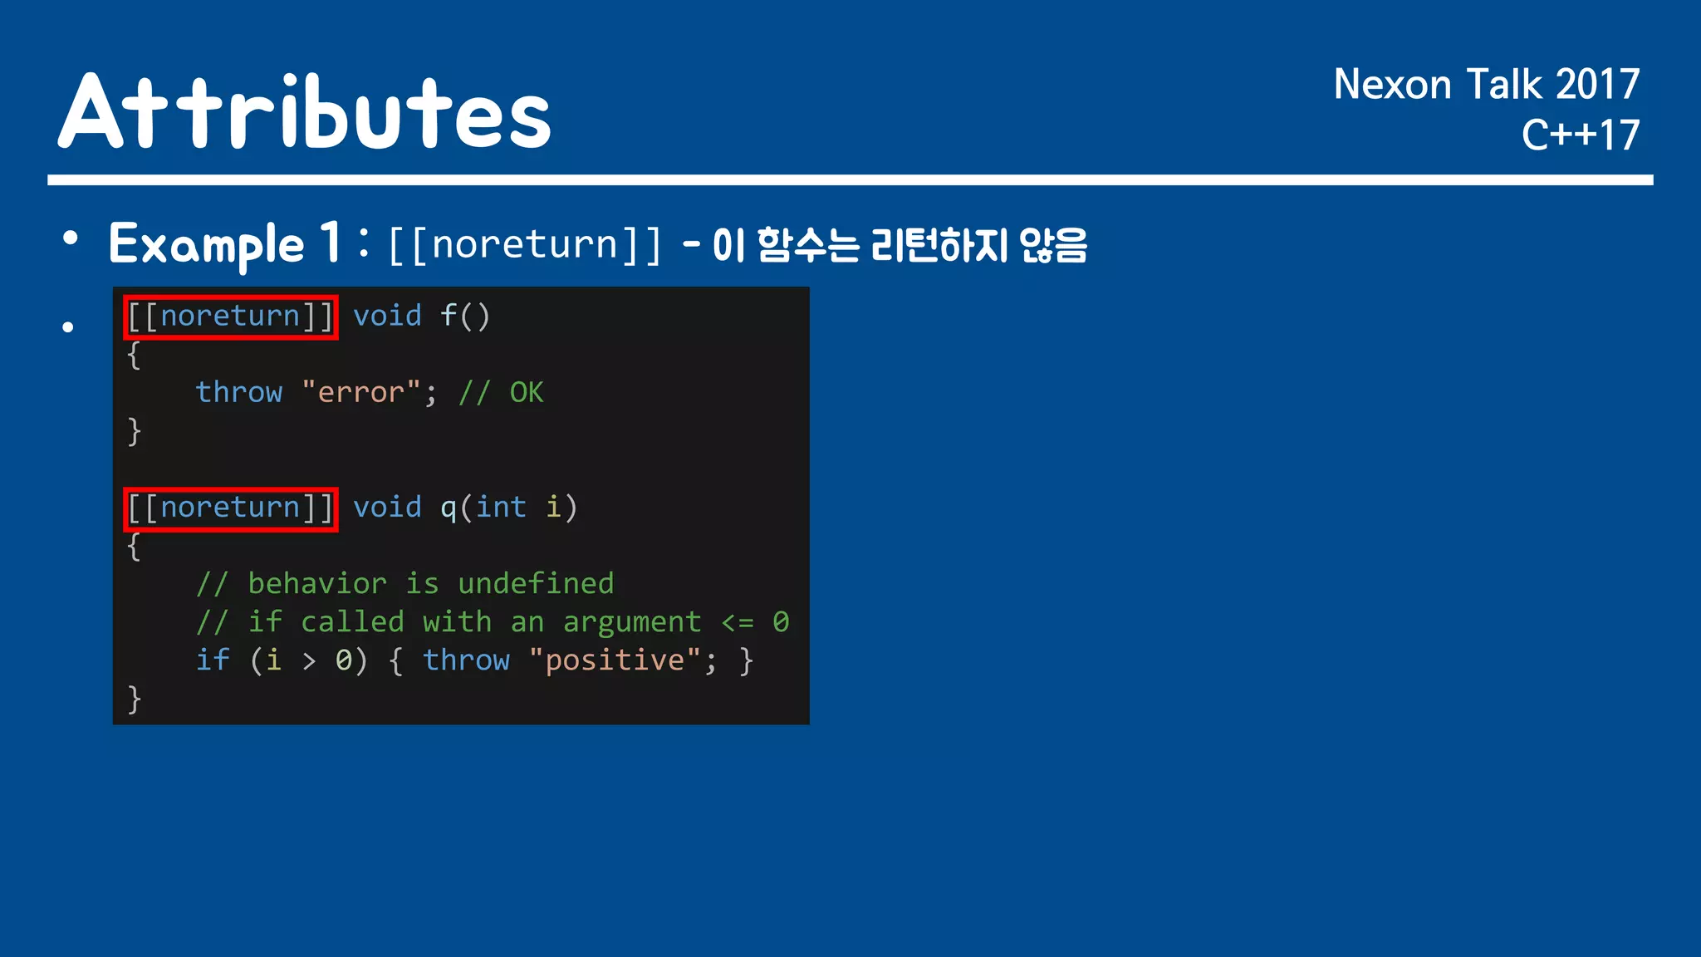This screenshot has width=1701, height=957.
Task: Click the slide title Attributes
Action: (x=304, y=112)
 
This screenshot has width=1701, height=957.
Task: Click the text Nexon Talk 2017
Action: (x=1486, y=85)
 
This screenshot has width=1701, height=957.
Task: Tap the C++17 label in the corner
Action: (x=1580, y=135)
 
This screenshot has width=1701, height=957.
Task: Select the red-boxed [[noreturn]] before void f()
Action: (x=231, y=317)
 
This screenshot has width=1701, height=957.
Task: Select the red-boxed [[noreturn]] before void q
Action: (x=231, y=508)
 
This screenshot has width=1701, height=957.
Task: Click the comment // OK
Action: (x=502, y=392)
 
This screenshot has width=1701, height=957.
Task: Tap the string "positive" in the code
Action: (x=614, y=660)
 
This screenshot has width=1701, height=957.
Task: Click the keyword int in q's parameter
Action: (x=501, y=508)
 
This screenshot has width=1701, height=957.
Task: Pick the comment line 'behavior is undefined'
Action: (x=405, y=584)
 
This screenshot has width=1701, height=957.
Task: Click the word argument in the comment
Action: (x=632, y=622)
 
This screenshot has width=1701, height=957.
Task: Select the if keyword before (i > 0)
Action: (x=213, y=660)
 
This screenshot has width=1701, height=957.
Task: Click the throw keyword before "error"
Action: (x=239, y=392)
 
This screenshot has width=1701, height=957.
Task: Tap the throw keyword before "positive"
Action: (x=466, y=660)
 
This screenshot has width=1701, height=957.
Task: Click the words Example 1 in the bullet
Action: (x=224, y=244)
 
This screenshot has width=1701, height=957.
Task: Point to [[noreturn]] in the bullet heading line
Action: (x=525, y=245)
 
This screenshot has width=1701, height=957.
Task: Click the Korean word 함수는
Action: (x=808, y=245)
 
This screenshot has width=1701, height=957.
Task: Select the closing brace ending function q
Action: (x=135, y=699)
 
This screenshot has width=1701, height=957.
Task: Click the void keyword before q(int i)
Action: (x=388, y=508)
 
